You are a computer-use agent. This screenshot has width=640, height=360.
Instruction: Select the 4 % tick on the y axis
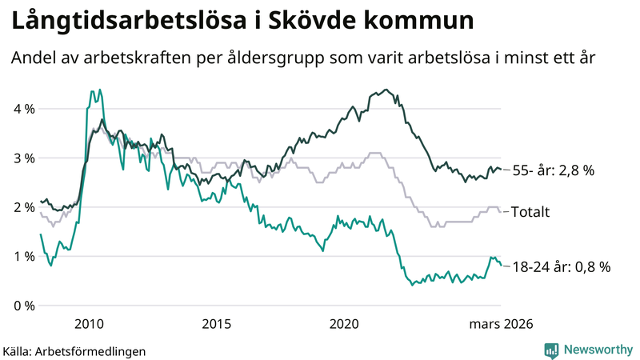coord(23,109)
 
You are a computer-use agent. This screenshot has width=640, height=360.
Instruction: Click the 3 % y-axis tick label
coord(23,158)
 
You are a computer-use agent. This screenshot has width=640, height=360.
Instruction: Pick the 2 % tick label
coord(23,207)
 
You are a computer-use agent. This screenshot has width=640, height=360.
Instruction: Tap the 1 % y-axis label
coord(23,257)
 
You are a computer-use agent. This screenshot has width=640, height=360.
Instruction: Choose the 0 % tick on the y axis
coord(23,306)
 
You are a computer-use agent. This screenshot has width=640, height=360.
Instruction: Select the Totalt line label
coord(532,212)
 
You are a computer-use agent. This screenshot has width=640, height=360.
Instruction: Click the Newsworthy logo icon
coord(551,350)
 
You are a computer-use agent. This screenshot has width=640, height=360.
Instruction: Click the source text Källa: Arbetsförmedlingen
coord(74,350)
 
